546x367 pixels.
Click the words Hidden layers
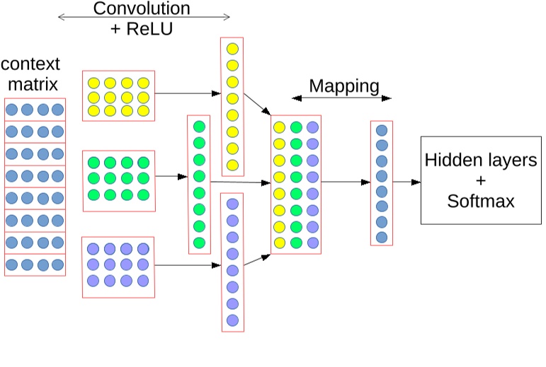481,160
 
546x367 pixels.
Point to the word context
30,64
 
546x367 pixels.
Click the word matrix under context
30,85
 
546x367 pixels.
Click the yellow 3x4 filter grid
118,96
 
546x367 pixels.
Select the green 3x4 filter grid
118,180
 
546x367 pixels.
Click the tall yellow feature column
232,106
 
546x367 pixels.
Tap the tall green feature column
199,184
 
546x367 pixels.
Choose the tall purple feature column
232,262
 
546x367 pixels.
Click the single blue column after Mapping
381,182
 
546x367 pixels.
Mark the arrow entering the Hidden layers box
406,182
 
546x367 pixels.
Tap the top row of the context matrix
35,110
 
